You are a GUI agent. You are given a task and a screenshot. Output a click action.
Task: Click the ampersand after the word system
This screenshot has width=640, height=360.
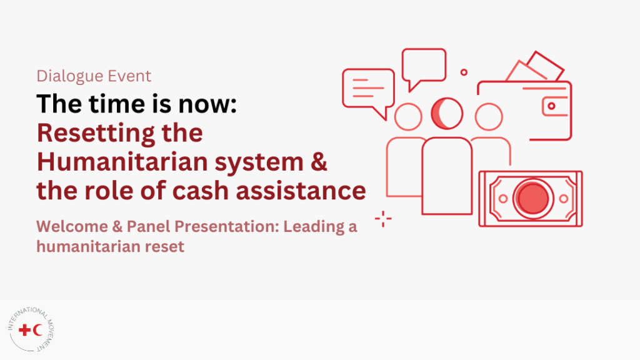point(319,162)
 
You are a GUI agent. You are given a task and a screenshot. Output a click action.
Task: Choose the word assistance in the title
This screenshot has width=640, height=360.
point(301,191)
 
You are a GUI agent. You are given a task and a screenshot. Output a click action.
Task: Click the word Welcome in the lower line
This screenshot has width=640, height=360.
point(72,226)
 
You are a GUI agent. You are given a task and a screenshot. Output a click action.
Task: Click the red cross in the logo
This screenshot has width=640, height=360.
point(25,330)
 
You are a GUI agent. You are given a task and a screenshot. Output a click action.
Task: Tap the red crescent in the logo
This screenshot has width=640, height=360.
point(37,330)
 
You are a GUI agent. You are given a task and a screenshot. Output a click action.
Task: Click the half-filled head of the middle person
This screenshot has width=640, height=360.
point(447,114)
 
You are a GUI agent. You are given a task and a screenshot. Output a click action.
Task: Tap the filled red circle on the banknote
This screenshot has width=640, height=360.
point(532,198)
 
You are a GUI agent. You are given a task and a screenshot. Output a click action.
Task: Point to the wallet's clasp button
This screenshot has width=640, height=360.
point(551,106)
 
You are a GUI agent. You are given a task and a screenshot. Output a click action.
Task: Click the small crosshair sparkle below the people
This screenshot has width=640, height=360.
point(383,219)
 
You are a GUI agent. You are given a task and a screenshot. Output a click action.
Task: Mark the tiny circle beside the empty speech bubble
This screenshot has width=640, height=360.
point(464,72)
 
